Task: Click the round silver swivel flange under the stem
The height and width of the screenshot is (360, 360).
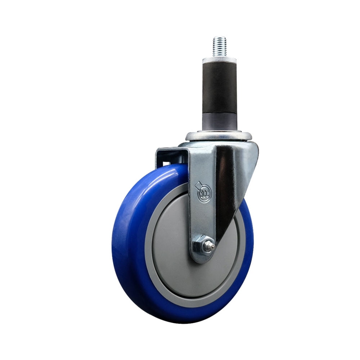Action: click(219, 136)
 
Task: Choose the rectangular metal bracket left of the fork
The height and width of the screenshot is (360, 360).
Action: click(171, 157)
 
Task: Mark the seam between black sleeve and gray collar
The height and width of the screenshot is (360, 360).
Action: click(219, 112)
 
